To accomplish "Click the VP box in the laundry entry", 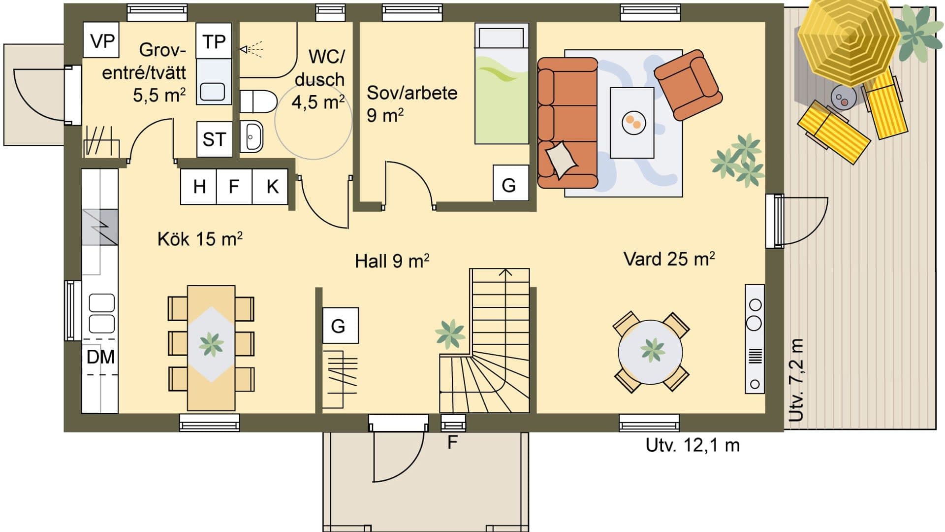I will (x=102, y=40).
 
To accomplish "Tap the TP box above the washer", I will (x=214, y=41).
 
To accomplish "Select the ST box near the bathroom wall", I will (x=214, y=139).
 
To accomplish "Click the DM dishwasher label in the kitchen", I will (x=100, y=357).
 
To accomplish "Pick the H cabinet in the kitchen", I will (x=199, y=187).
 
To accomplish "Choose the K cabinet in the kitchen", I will (x=272, y=187).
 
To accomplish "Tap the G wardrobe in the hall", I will (x=340, y=326).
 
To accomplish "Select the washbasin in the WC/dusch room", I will (x=252, y=135).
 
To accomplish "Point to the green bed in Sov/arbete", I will (x=502, y=86).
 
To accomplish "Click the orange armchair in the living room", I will (x=688, y=85).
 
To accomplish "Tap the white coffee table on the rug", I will (x=632, y=123).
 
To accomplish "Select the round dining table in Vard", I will (x=651, y=352).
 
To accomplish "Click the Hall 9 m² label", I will (x=392, y=261).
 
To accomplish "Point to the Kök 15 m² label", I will (x=199, y=239).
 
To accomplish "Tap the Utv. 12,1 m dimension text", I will (x=692, y=445).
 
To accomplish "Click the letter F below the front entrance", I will (x=452, y=443).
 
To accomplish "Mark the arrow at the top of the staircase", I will (x=505, y=272).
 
